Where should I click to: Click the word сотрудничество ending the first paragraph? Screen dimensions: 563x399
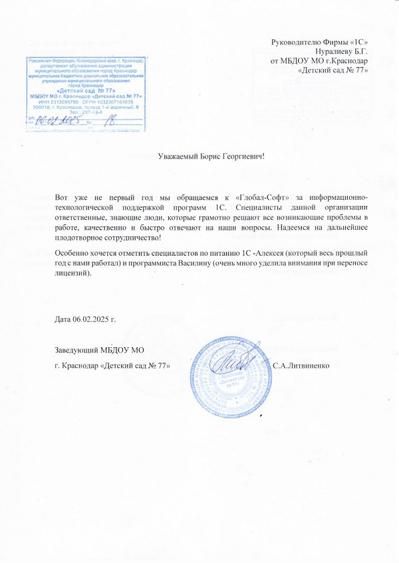(x=133, y=237)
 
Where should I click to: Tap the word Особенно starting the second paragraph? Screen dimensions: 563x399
(x=76, y=254)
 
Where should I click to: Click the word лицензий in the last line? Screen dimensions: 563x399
(x=72, y=274)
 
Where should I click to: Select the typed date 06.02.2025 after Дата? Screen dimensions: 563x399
(x=92, y=319)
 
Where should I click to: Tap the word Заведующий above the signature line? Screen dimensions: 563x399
(x=77, y=350)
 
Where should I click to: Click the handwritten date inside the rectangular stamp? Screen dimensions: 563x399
(x=59, y=120)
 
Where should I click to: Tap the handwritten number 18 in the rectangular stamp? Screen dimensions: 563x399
(x=110, y=120)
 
